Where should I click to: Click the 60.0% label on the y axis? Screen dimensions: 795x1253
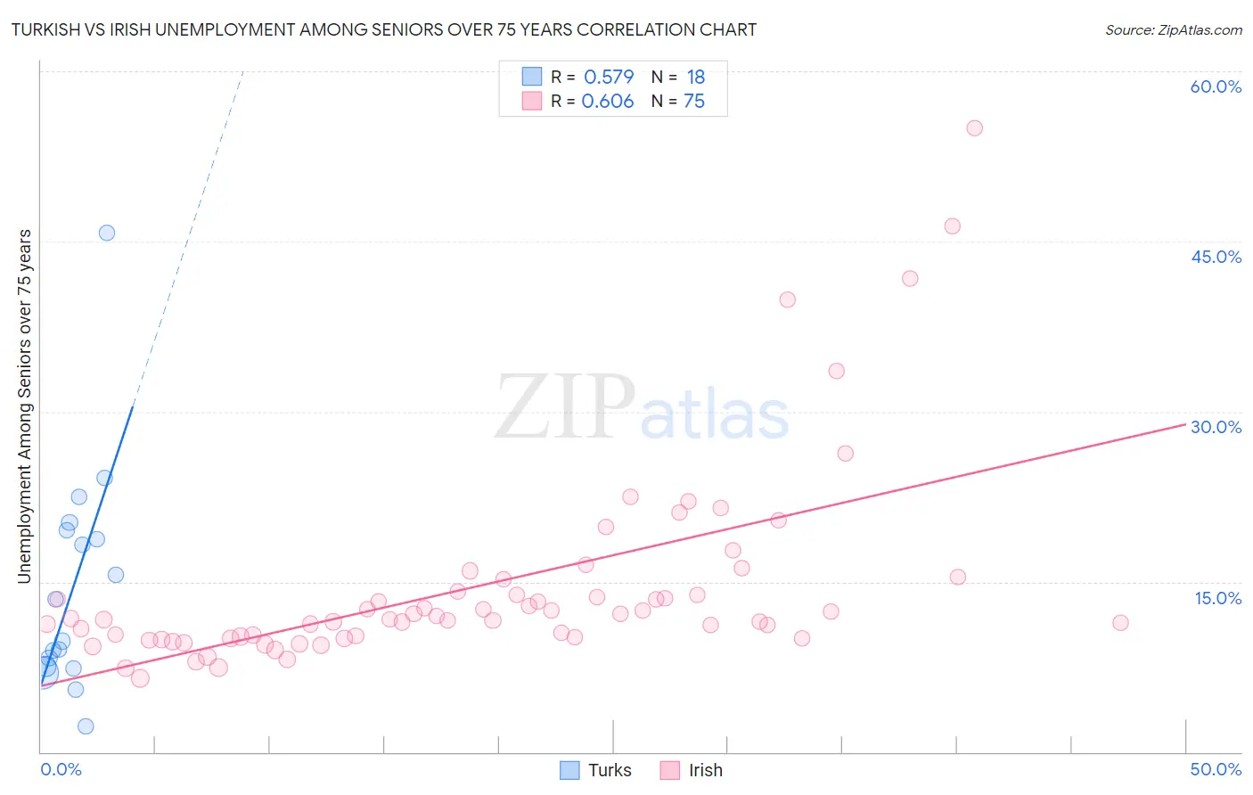click(x=1216, y=86)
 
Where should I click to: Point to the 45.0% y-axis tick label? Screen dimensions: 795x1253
click(x=1216, y=257)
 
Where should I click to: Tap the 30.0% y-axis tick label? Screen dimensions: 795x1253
click(x=1216, y=427)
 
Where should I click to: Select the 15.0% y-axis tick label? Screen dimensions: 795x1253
click(x=1217, y=597)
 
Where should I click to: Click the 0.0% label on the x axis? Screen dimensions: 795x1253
click(x=61, y=769)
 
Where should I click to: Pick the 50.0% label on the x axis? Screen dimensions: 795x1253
click(x=1216, y=769)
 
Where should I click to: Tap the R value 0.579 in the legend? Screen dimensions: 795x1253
click(x=609, y=77)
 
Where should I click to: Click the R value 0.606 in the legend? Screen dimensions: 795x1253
click(x=607, y=102)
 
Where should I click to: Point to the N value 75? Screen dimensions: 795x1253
click(x=694, y=102)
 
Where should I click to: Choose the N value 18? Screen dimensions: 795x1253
click(x=695, y=77)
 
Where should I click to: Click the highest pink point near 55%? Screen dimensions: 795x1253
click(x=974, y=128)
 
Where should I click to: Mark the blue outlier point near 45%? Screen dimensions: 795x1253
click(x=107, y=233)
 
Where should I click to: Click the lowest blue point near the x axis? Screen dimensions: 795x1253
click(x=86, y=726)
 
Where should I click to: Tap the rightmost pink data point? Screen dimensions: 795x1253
click(x=1120, y=623)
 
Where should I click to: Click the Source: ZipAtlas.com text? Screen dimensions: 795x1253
click(x=1173, y=30)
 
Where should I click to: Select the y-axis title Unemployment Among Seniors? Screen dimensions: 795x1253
click(x=25, y=406)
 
